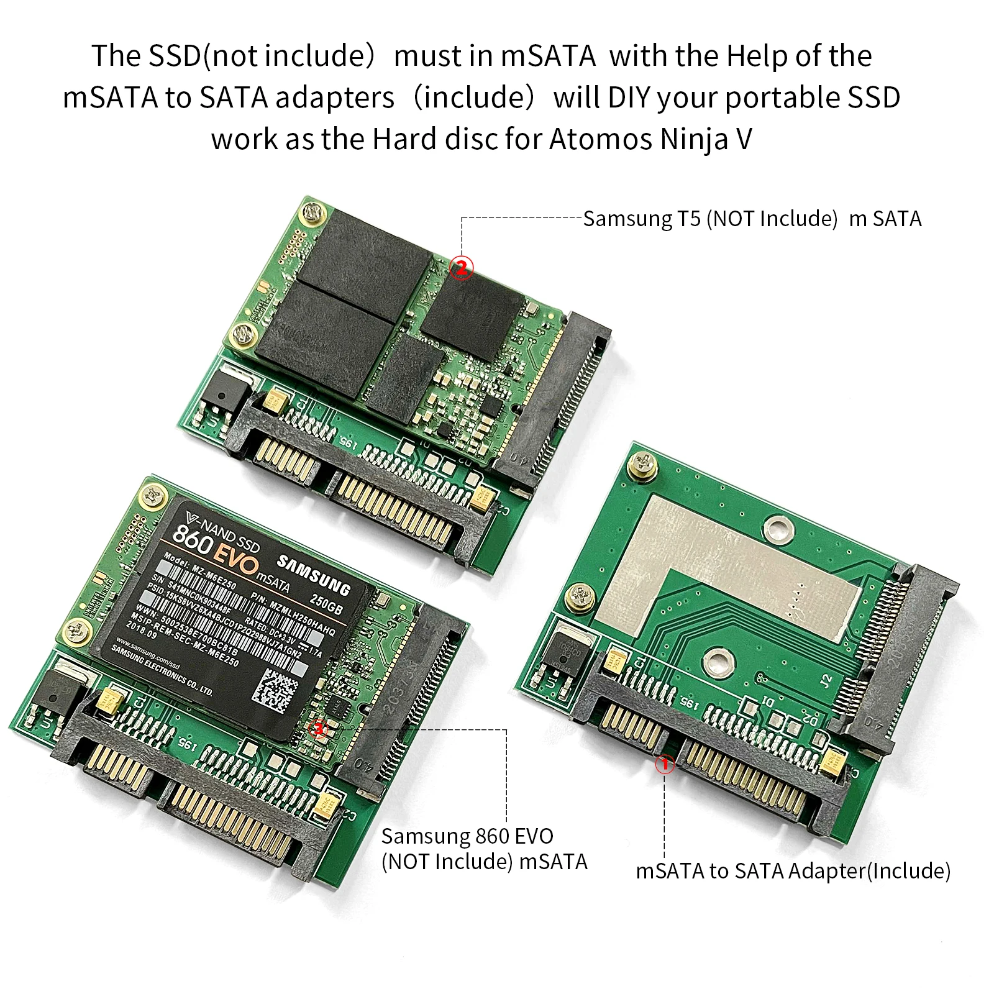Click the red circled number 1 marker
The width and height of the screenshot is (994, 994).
665,764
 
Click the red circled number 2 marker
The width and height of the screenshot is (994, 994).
461,268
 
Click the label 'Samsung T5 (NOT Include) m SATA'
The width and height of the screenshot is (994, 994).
752,219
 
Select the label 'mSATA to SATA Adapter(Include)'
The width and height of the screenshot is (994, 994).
793,871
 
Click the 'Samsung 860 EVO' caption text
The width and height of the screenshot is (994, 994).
467,836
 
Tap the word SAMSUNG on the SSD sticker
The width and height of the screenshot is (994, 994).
313,575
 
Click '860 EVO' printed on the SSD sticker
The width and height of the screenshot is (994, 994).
214,544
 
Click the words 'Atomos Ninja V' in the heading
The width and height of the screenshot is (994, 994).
650,139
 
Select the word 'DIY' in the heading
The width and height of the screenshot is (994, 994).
628,98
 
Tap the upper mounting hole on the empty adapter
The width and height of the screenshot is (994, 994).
774,527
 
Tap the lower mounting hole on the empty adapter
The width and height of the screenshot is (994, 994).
720,658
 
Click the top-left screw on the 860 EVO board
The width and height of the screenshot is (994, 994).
152,495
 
